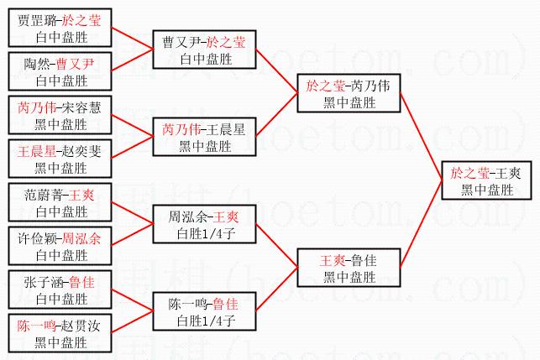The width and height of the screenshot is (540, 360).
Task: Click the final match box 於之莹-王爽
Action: [486, 181]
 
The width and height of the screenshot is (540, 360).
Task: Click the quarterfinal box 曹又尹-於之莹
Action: [204, 50]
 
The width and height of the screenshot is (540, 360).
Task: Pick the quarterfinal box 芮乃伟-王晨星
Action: [204, 138]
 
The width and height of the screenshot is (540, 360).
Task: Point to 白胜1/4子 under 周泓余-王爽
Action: [204, 234]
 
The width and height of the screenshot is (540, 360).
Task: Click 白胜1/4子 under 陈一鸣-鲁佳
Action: [204, 321]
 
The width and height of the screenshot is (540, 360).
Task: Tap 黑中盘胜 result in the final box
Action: [486, 190]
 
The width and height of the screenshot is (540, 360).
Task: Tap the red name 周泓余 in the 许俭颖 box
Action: [82, 239]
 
